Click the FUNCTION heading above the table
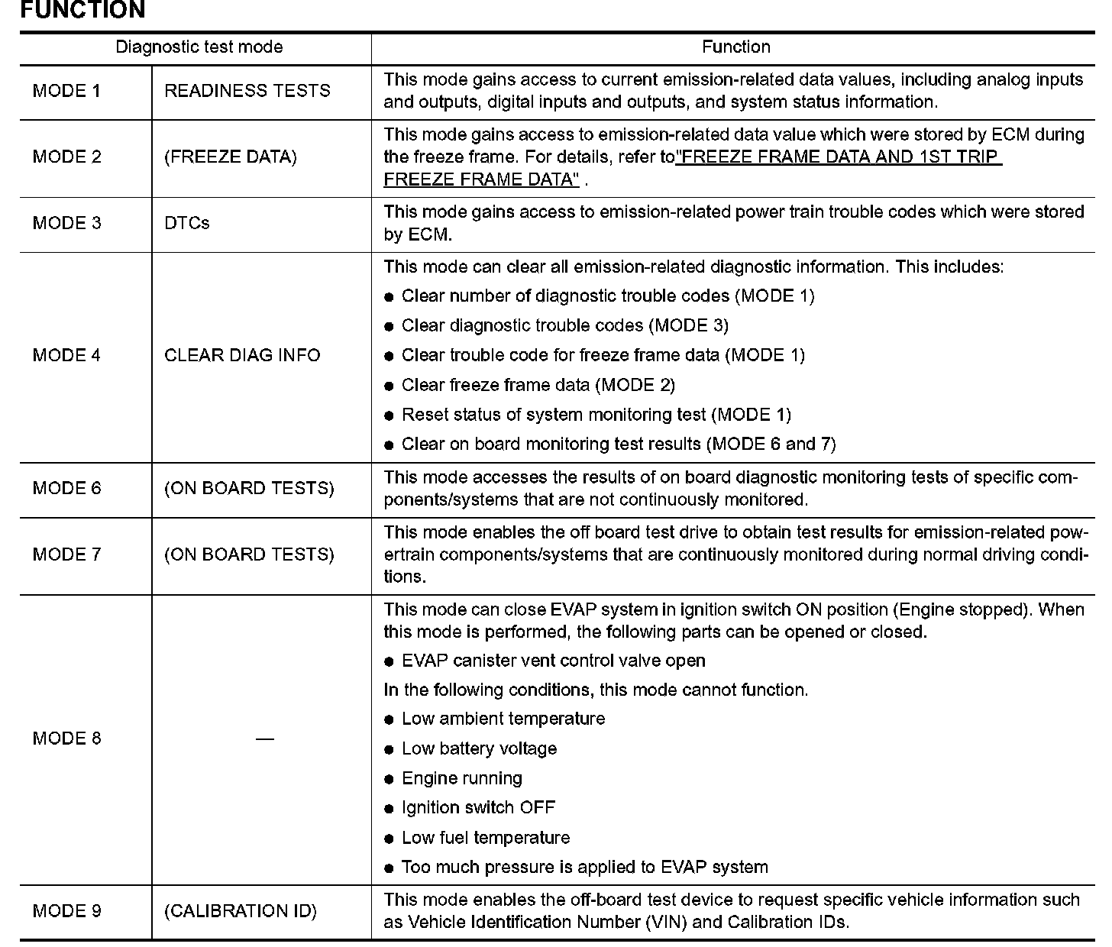[82, 11]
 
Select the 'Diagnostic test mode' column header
[199, 47]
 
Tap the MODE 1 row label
[66, 91]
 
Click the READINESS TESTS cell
[247, 91]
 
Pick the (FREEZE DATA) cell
[231, 157]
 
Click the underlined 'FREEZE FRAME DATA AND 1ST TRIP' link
[839, 157]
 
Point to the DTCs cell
[187, 223]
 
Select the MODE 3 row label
[66, 223]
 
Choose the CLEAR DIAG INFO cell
[242, 355]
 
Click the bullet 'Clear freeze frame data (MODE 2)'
[538, 385]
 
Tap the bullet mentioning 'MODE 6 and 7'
[619, 444]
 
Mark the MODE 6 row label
[66, 488]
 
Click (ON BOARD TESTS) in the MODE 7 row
[249, 554]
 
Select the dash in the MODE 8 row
[265, 739]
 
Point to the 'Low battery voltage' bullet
[479, 749]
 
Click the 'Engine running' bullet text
[462, 779]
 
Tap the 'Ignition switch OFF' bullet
[478, 808]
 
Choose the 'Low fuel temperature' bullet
[486, 838]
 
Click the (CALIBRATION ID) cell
[241, 911]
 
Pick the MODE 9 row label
[66, 911]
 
